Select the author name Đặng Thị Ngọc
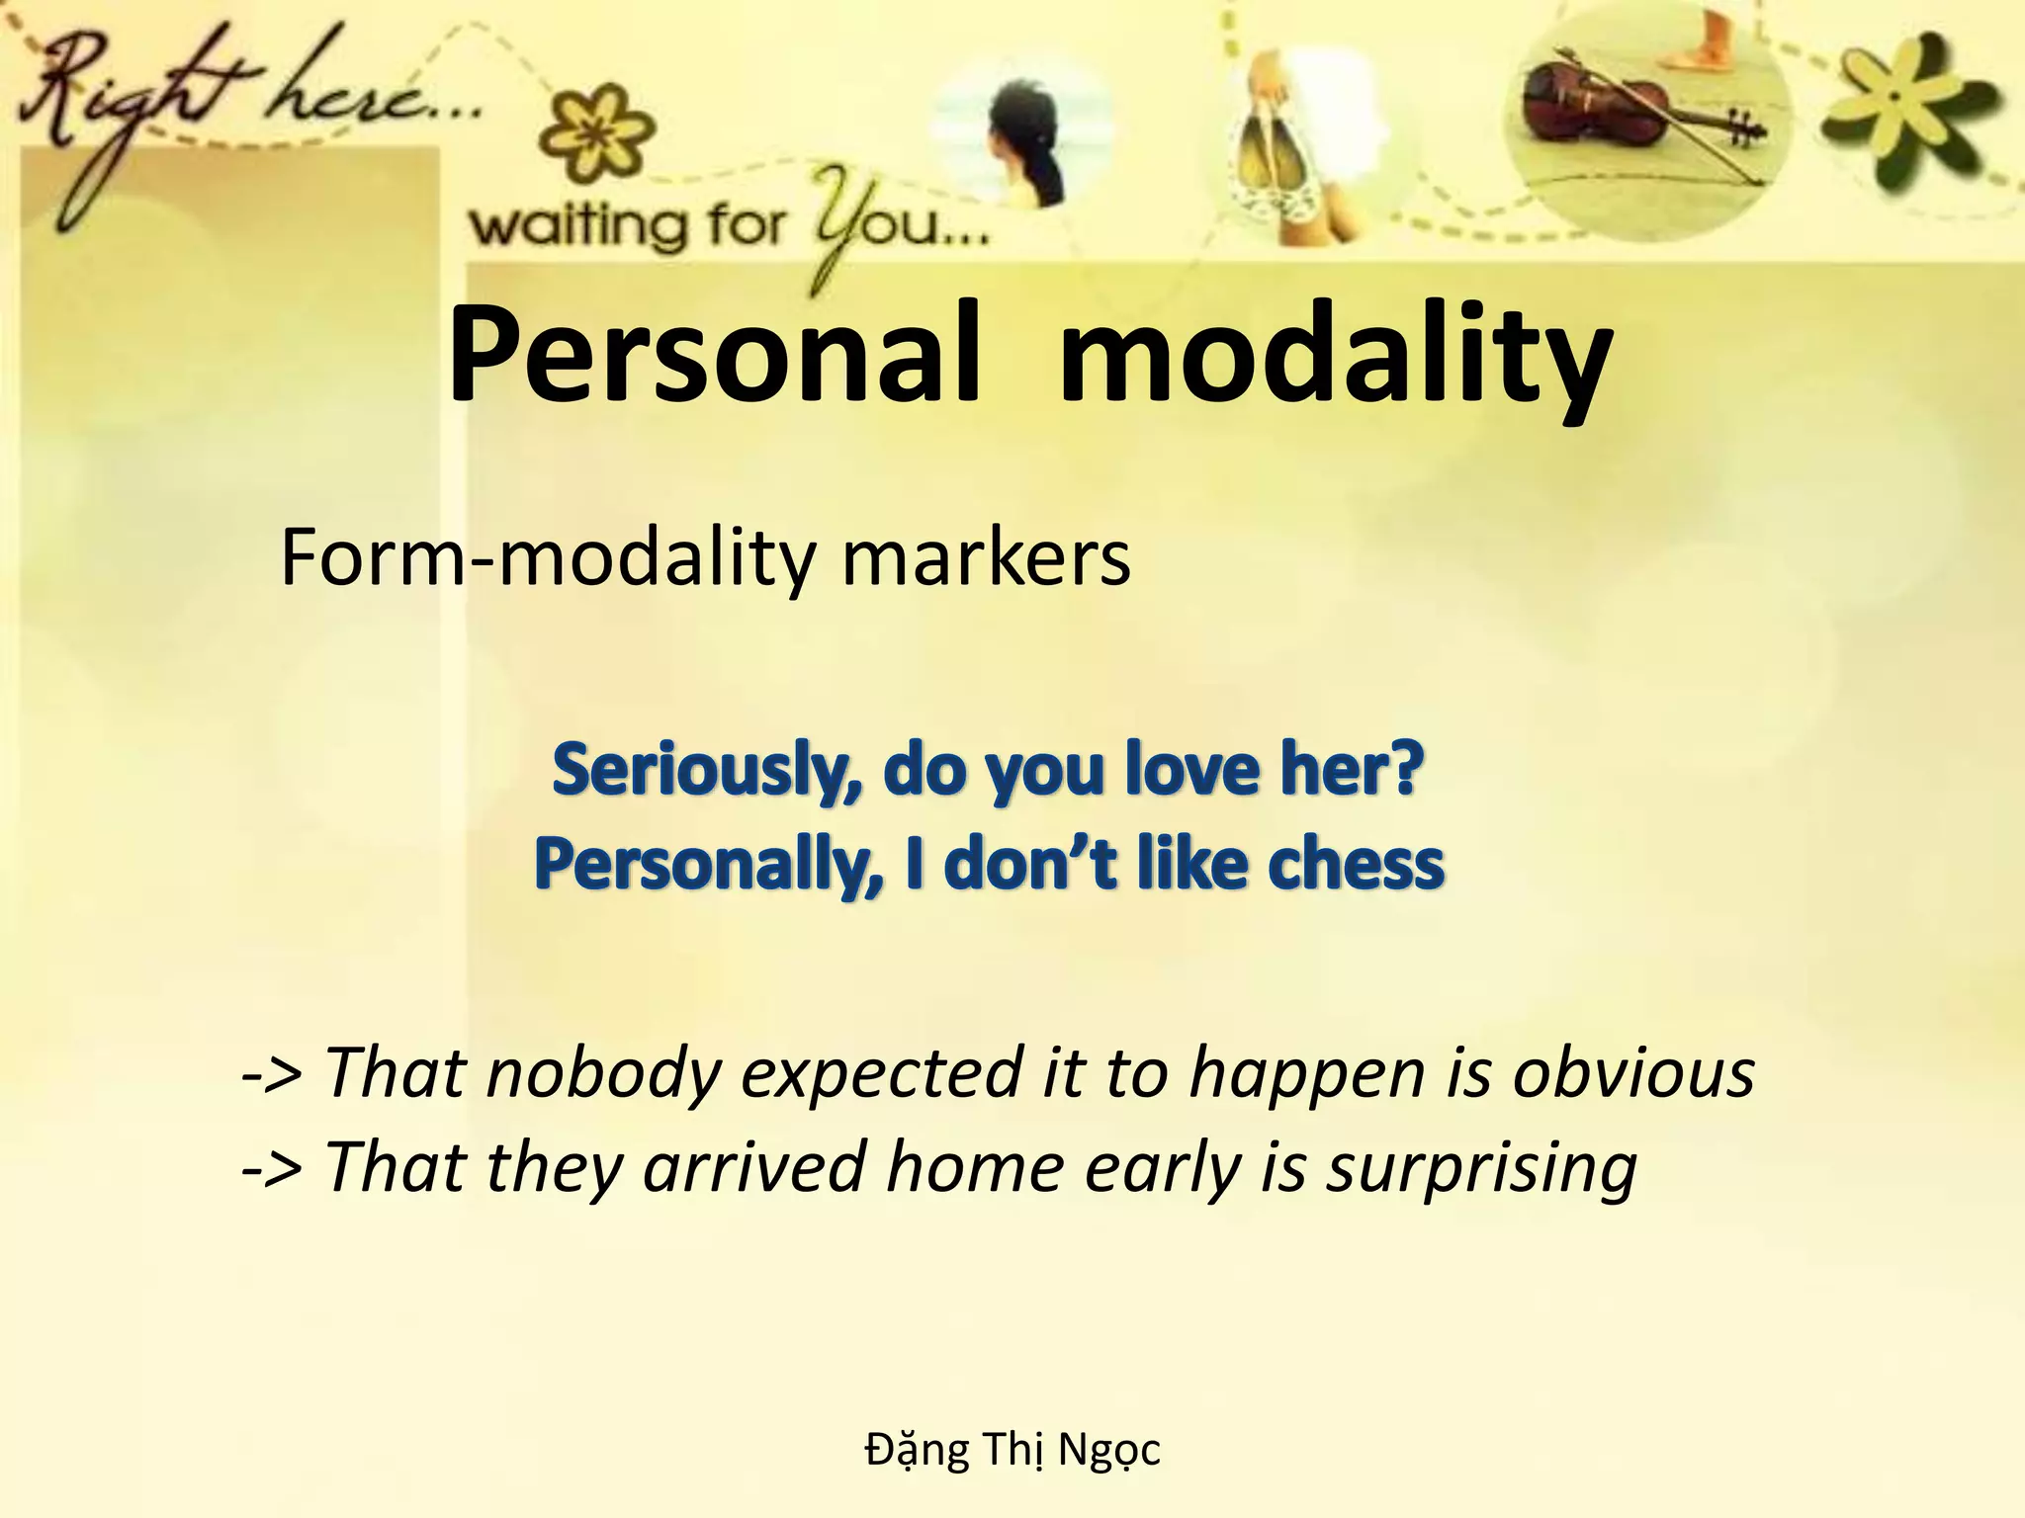[1012, 1450]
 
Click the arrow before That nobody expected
[272, 1074]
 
